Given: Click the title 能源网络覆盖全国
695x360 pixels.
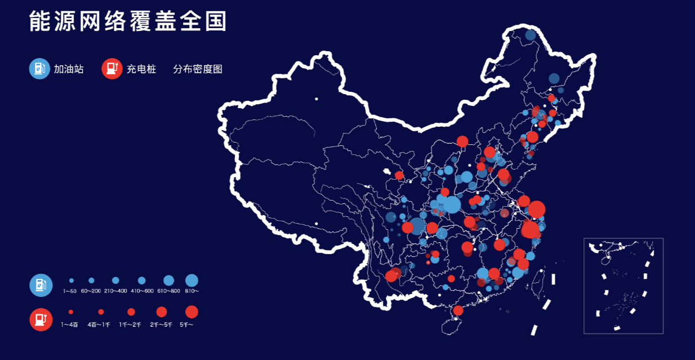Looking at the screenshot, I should click(128, 21).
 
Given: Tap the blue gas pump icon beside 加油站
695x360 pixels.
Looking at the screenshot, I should click(39, 69).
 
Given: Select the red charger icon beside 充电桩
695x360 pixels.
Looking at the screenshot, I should click(112, 69).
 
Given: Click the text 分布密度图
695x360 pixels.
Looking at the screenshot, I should click(198, 69).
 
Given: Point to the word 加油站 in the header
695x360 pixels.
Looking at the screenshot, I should click(69, 69).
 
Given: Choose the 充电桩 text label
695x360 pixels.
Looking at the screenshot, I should click(141, 69).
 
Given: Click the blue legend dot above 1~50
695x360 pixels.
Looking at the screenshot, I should click(72, 280).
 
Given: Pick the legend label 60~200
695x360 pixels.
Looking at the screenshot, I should click(91, 291).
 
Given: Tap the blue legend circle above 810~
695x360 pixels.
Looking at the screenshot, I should click(191, 280).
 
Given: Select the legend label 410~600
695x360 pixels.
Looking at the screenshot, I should click(142, 291).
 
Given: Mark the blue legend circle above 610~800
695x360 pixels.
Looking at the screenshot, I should click(168, 280).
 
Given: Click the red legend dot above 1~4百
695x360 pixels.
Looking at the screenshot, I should click(71, 312).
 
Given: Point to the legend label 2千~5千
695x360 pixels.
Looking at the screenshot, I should click(161, 325).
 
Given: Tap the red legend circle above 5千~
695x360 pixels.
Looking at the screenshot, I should click(191, 312).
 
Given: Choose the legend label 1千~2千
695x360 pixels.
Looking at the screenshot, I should click(131, 325).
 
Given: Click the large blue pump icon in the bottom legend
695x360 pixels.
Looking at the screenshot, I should click(41, 285).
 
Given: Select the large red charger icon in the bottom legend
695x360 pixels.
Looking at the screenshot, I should click(41, 319).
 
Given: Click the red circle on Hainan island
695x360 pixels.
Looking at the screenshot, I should click(458, 310).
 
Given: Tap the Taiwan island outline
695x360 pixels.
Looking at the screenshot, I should click(539, 285).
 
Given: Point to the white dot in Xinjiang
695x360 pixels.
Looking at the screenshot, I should click(317, 99).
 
